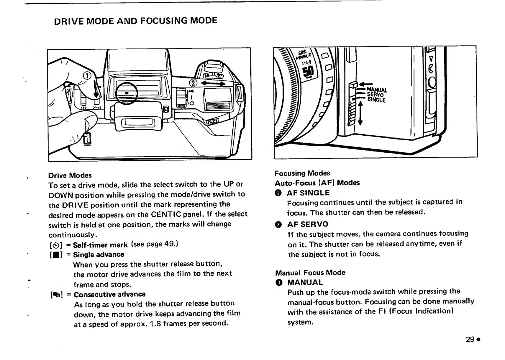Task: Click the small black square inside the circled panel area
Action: click(x=127, y=93)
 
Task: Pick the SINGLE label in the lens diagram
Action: click(x=376, y=100)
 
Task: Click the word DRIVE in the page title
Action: click(x=70, y=21)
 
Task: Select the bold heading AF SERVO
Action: click(x=308, y=224)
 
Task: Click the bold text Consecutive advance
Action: click(x=110, y=294)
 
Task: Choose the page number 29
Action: click(x=469, y=339)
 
